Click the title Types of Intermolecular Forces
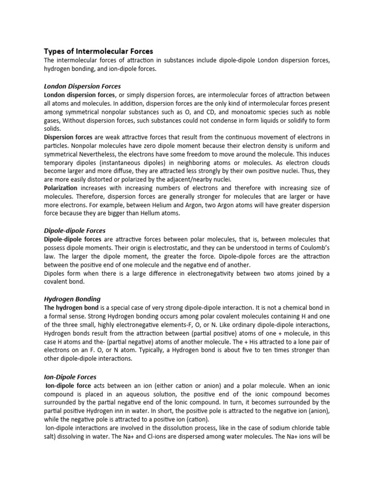[98, 51]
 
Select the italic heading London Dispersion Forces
[82, 86]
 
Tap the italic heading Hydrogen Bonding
[72, 299]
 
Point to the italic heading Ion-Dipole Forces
[70, 377]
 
